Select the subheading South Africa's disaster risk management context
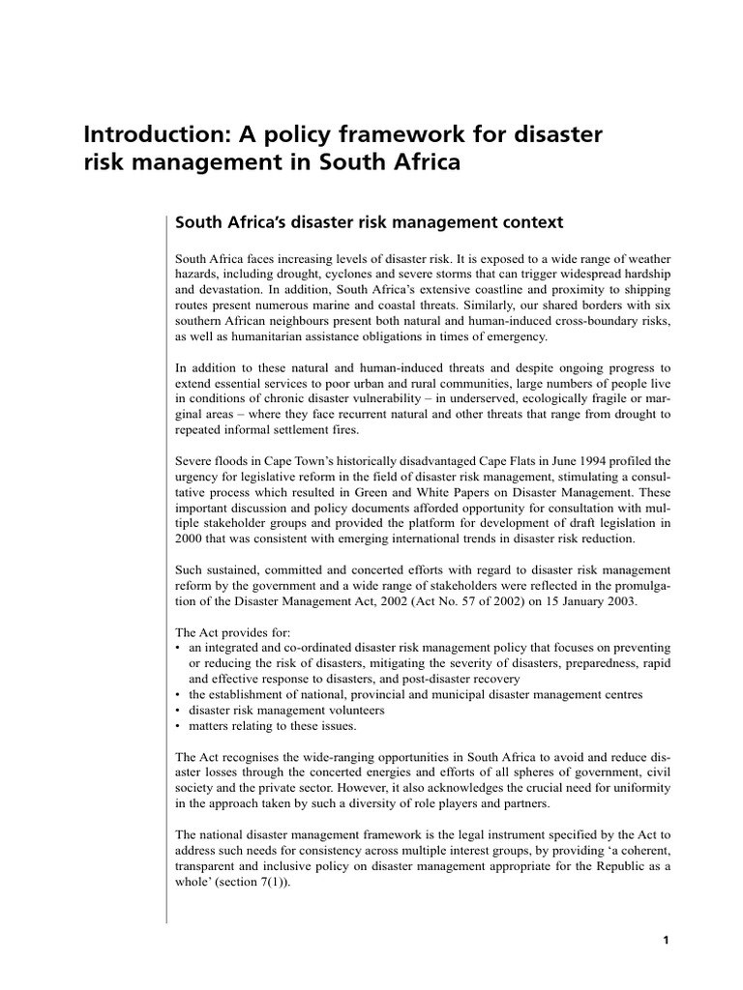tap(368, 222)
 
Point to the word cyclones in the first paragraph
tap(306, 275)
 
